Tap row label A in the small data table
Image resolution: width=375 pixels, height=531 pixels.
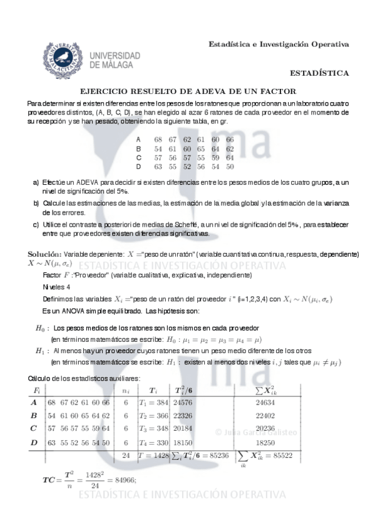click(138, 139)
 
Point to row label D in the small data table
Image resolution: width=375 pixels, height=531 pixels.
click(138, 167)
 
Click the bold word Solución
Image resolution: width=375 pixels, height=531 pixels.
click(44, 254)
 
